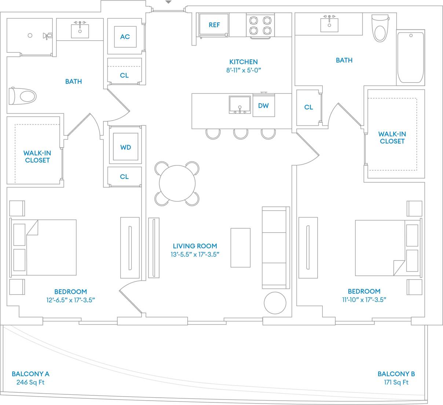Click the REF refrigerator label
(214, 25)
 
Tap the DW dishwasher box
(263, 106)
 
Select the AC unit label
(125, 37)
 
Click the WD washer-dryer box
(125, 147)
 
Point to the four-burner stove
(260, 25)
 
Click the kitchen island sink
(240, 105)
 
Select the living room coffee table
(240, 248)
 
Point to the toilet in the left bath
(23, 96)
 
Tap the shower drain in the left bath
(30, 36)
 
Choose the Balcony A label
(30, 374)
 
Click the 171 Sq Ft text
(396, 382)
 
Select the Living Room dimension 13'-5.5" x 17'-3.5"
(195, 254)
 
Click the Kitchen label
(244, 62)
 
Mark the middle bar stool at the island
(241, 134)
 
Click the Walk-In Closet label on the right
(392, 138)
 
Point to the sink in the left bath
(80, 30)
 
